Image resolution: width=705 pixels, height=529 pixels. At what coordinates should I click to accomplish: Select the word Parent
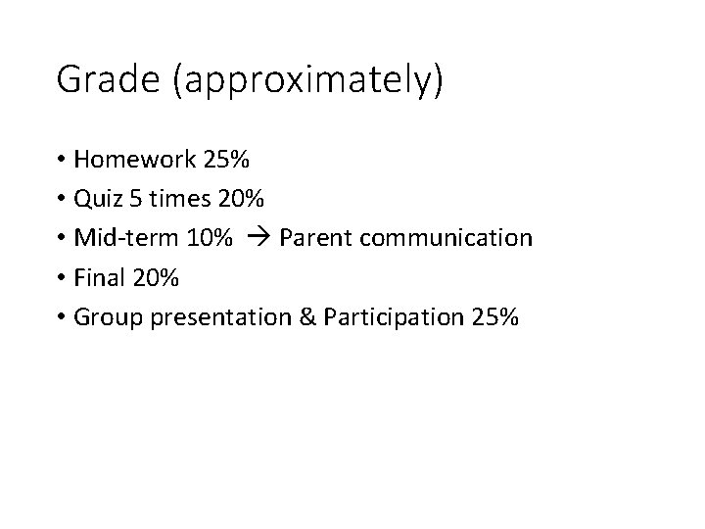(311, 238)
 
